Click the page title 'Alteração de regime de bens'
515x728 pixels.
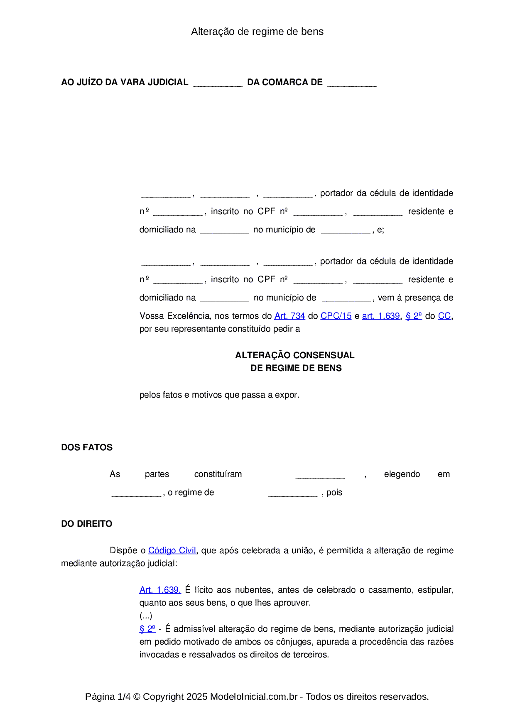(x=257, y=32)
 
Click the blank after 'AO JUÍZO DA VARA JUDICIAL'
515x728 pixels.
(x=218, y=83)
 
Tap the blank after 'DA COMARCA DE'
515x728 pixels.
(x=352, y=83)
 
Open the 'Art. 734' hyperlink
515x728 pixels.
(x=289, y=316)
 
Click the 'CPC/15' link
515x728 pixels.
(x=336, y=316)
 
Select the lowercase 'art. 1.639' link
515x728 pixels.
(x=380, y=316)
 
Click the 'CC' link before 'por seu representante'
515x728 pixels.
(x=444, y=316)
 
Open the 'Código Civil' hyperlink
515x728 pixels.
(x=172, y=550)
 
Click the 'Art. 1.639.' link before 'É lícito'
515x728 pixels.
(x=160, y=590)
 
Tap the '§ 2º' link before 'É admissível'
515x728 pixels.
(x=147, y=629)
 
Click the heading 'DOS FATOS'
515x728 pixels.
(x=87, y=447)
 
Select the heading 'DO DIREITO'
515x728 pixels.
(x=87, y=524)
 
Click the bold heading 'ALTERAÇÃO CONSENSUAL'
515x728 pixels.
(x=294, y=355)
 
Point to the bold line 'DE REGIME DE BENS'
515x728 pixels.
(x=296, y=368)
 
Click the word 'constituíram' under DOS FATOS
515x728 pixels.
(x=218, y=474)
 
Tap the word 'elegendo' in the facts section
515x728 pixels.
(x=402, y=474)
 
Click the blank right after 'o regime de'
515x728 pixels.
(x=292, y=493)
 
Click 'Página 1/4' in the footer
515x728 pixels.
(x=108, y=696)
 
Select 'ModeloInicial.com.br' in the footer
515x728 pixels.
(x=253, y=696)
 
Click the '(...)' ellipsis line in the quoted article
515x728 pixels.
(x=146, y=616)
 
